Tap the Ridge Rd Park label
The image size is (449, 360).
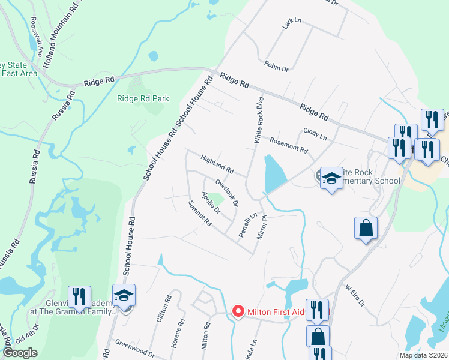[x=143, y=99]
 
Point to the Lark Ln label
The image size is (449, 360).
[x=292, y=24]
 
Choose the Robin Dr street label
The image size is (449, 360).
[x=276, y=66]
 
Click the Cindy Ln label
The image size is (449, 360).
[x=315, y=134]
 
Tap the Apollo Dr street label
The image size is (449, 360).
[x=211, y=203]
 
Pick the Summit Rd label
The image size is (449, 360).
[x=200, y=214]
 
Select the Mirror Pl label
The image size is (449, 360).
[x=262, y=228]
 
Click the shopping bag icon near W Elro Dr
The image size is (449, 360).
[x=366, y=228]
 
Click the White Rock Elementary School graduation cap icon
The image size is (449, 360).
[x=331, y=178]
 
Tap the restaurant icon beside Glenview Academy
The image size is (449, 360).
[x=79, y=296]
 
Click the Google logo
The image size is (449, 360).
[x=20, y=353]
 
